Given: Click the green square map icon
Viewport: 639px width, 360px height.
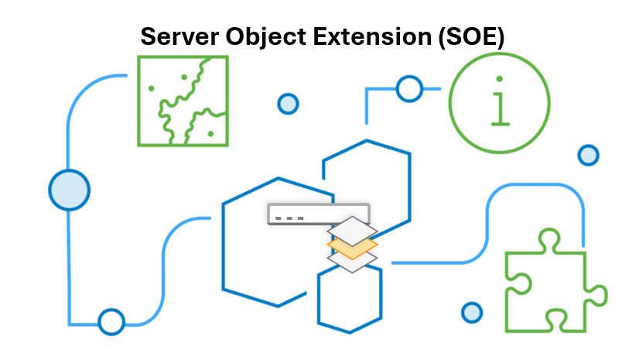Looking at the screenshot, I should (x=183, y=101).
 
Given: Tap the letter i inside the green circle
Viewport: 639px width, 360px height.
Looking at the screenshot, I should (x=502, y=101).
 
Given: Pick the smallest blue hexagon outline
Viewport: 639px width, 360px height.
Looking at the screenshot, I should (x=350, y=298).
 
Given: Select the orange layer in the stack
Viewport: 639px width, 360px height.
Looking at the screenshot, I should (x=353, y=247).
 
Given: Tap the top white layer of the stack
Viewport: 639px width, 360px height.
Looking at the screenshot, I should (x=353, y=230).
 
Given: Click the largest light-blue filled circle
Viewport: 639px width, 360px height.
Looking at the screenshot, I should (x=70, y=190).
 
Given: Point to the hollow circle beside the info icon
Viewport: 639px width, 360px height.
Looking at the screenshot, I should (x=408, y=89).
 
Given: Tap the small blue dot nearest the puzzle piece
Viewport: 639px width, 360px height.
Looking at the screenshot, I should (x=472, y=313).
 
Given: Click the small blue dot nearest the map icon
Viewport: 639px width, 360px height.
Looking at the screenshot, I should (x=288, y=103).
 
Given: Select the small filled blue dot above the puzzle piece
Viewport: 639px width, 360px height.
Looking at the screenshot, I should (x=589, y=155).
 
